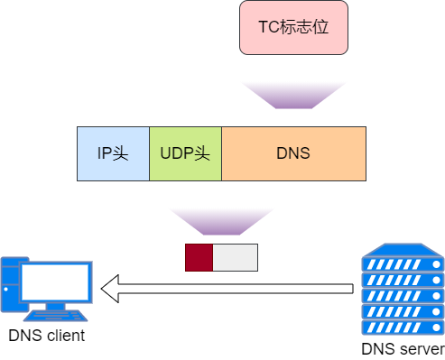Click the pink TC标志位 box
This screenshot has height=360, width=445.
coord(293,27)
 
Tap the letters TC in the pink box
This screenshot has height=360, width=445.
coord(268,27)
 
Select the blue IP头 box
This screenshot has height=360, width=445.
coord(113,153)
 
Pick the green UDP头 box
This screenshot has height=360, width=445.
coord(185,153)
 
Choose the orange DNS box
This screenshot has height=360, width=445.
coord(293,153)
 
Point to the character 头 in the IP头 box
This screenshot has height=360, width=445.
coord(122,153)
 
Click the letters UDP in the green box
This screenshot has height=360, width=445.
coord(176,153)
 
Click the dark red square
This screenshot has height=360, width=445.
coord(199,257)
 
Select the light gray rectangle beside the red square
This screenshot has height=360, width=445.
coord(235,257)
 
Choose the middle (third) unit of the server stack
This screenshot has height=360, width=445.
coord(403,295)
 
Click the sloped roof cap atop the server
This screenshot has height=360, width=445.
coord(403,249)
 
